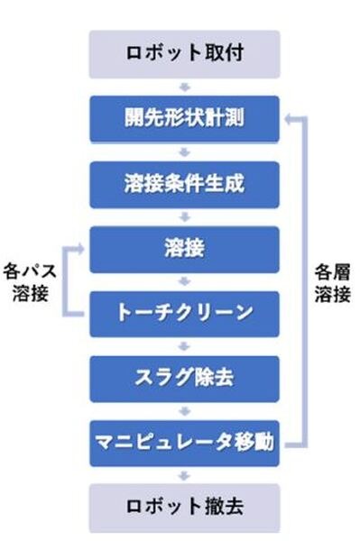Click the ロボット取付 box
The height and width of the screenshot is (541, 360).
[x=184, y=53]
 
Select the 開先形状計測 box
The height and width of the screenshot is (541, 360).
[x=184, y=118]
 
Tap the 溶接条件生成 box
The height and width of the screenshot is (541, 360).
[x=184, y=184]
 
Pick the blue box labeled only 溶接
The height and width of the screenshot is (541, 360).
[x=184, y=248]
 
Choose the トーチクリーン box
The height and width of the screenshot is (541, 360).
[x=184, y=313]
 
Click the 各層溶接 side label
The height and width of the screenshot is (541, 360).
[x=331, y=282]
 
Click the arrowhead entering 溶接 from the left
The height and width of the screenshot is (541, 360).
[x=82, y=245]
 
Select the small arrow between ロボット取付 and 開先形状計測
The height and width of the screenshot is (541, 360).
[x=184, y=87]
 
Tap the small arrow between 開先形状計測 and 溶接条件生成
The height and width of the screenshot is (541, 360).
[x=184, y=151]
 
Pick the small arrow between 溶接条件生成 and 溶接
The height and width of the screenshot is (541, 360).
[x=184, y=216]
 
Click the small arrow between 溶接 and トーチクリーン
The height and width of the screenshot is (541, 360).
[x=184, y=280]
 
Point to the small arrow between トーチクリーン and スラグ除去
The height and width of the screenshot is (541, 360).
[x=184, y=345]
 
